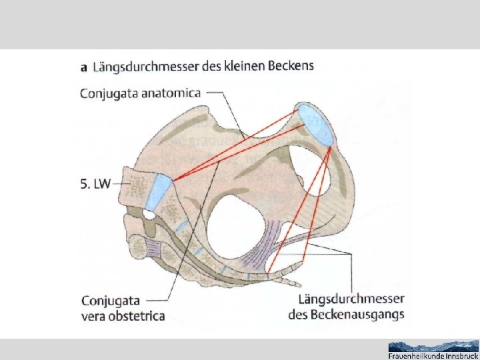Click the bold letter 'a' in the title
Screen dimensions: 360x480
tap(84, 67)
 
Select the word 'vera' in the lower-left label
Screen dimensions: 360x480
tap(95, 315)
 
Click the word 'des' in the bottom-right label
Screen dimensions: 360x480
tap(297, 314)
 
